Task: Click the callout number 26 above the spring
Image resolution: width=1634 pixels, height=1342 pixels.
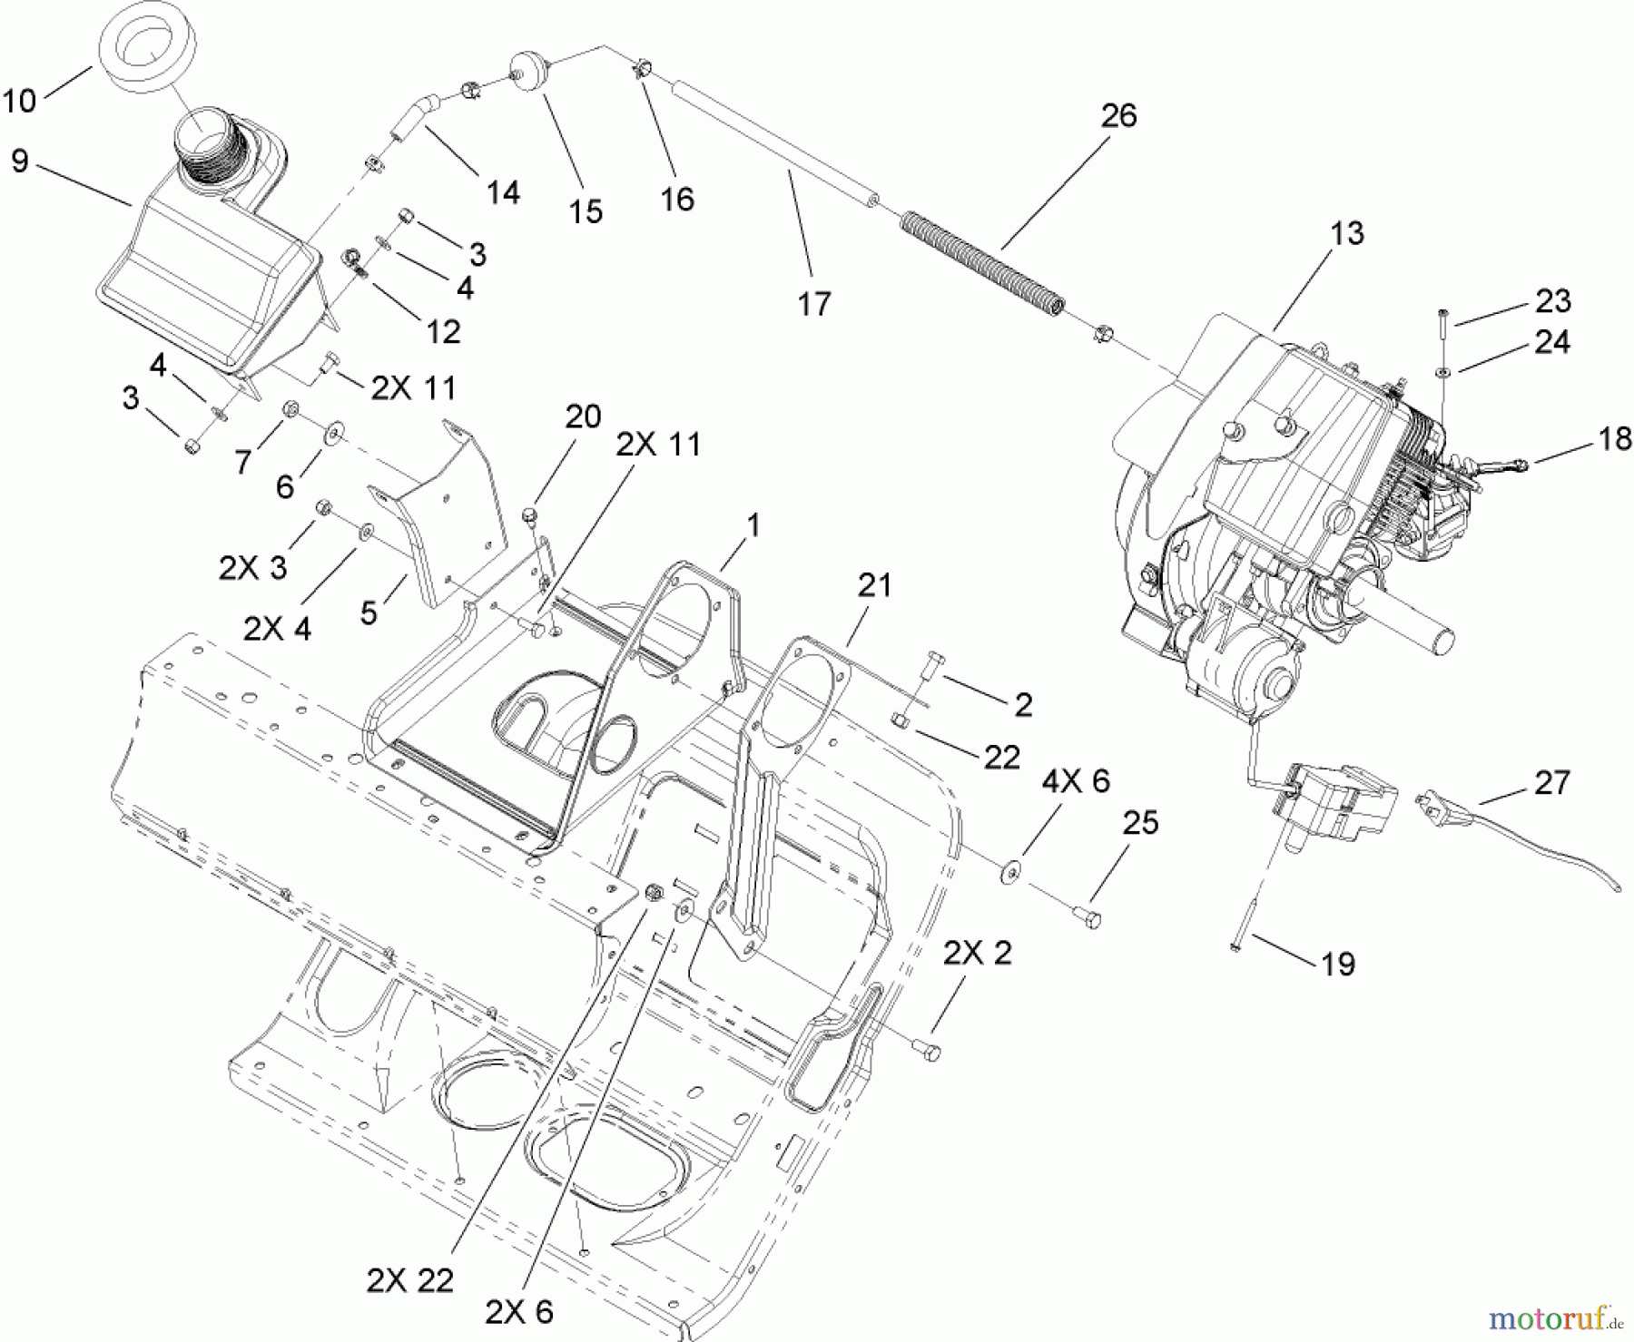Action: tap(1118, 116)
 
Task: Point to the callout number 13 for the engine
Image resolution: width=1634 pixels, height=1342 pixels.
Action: tap(1347, 234)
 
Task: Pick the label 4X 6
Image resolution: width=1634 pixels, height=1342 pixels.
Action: tap(1075, 781)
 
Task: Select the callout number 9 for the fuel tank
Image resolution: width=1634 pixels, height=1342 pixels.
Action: tap(20, 162)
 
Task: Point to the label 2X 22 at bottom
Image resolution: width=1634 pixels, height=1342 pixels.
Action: tap(409, 1280)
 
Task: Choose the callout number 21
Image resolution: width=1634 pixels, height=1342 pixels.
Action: tap(874, 585)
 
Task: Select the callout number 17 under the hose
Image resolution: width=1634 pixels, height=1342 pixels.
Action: tap(813, 304)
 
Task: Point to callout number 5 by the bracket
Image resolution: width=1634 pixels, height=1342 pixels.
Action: tap(368, 612)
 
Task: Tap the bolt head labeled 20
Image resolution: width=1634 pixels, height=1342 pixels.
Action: tap(531, 517)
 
